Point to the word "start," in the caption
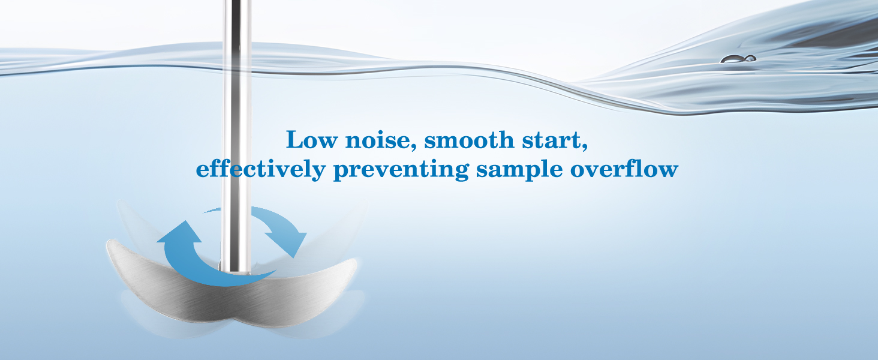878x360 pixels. coord(558,141)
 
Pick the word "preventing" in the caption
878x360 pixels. coord(401,170)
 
